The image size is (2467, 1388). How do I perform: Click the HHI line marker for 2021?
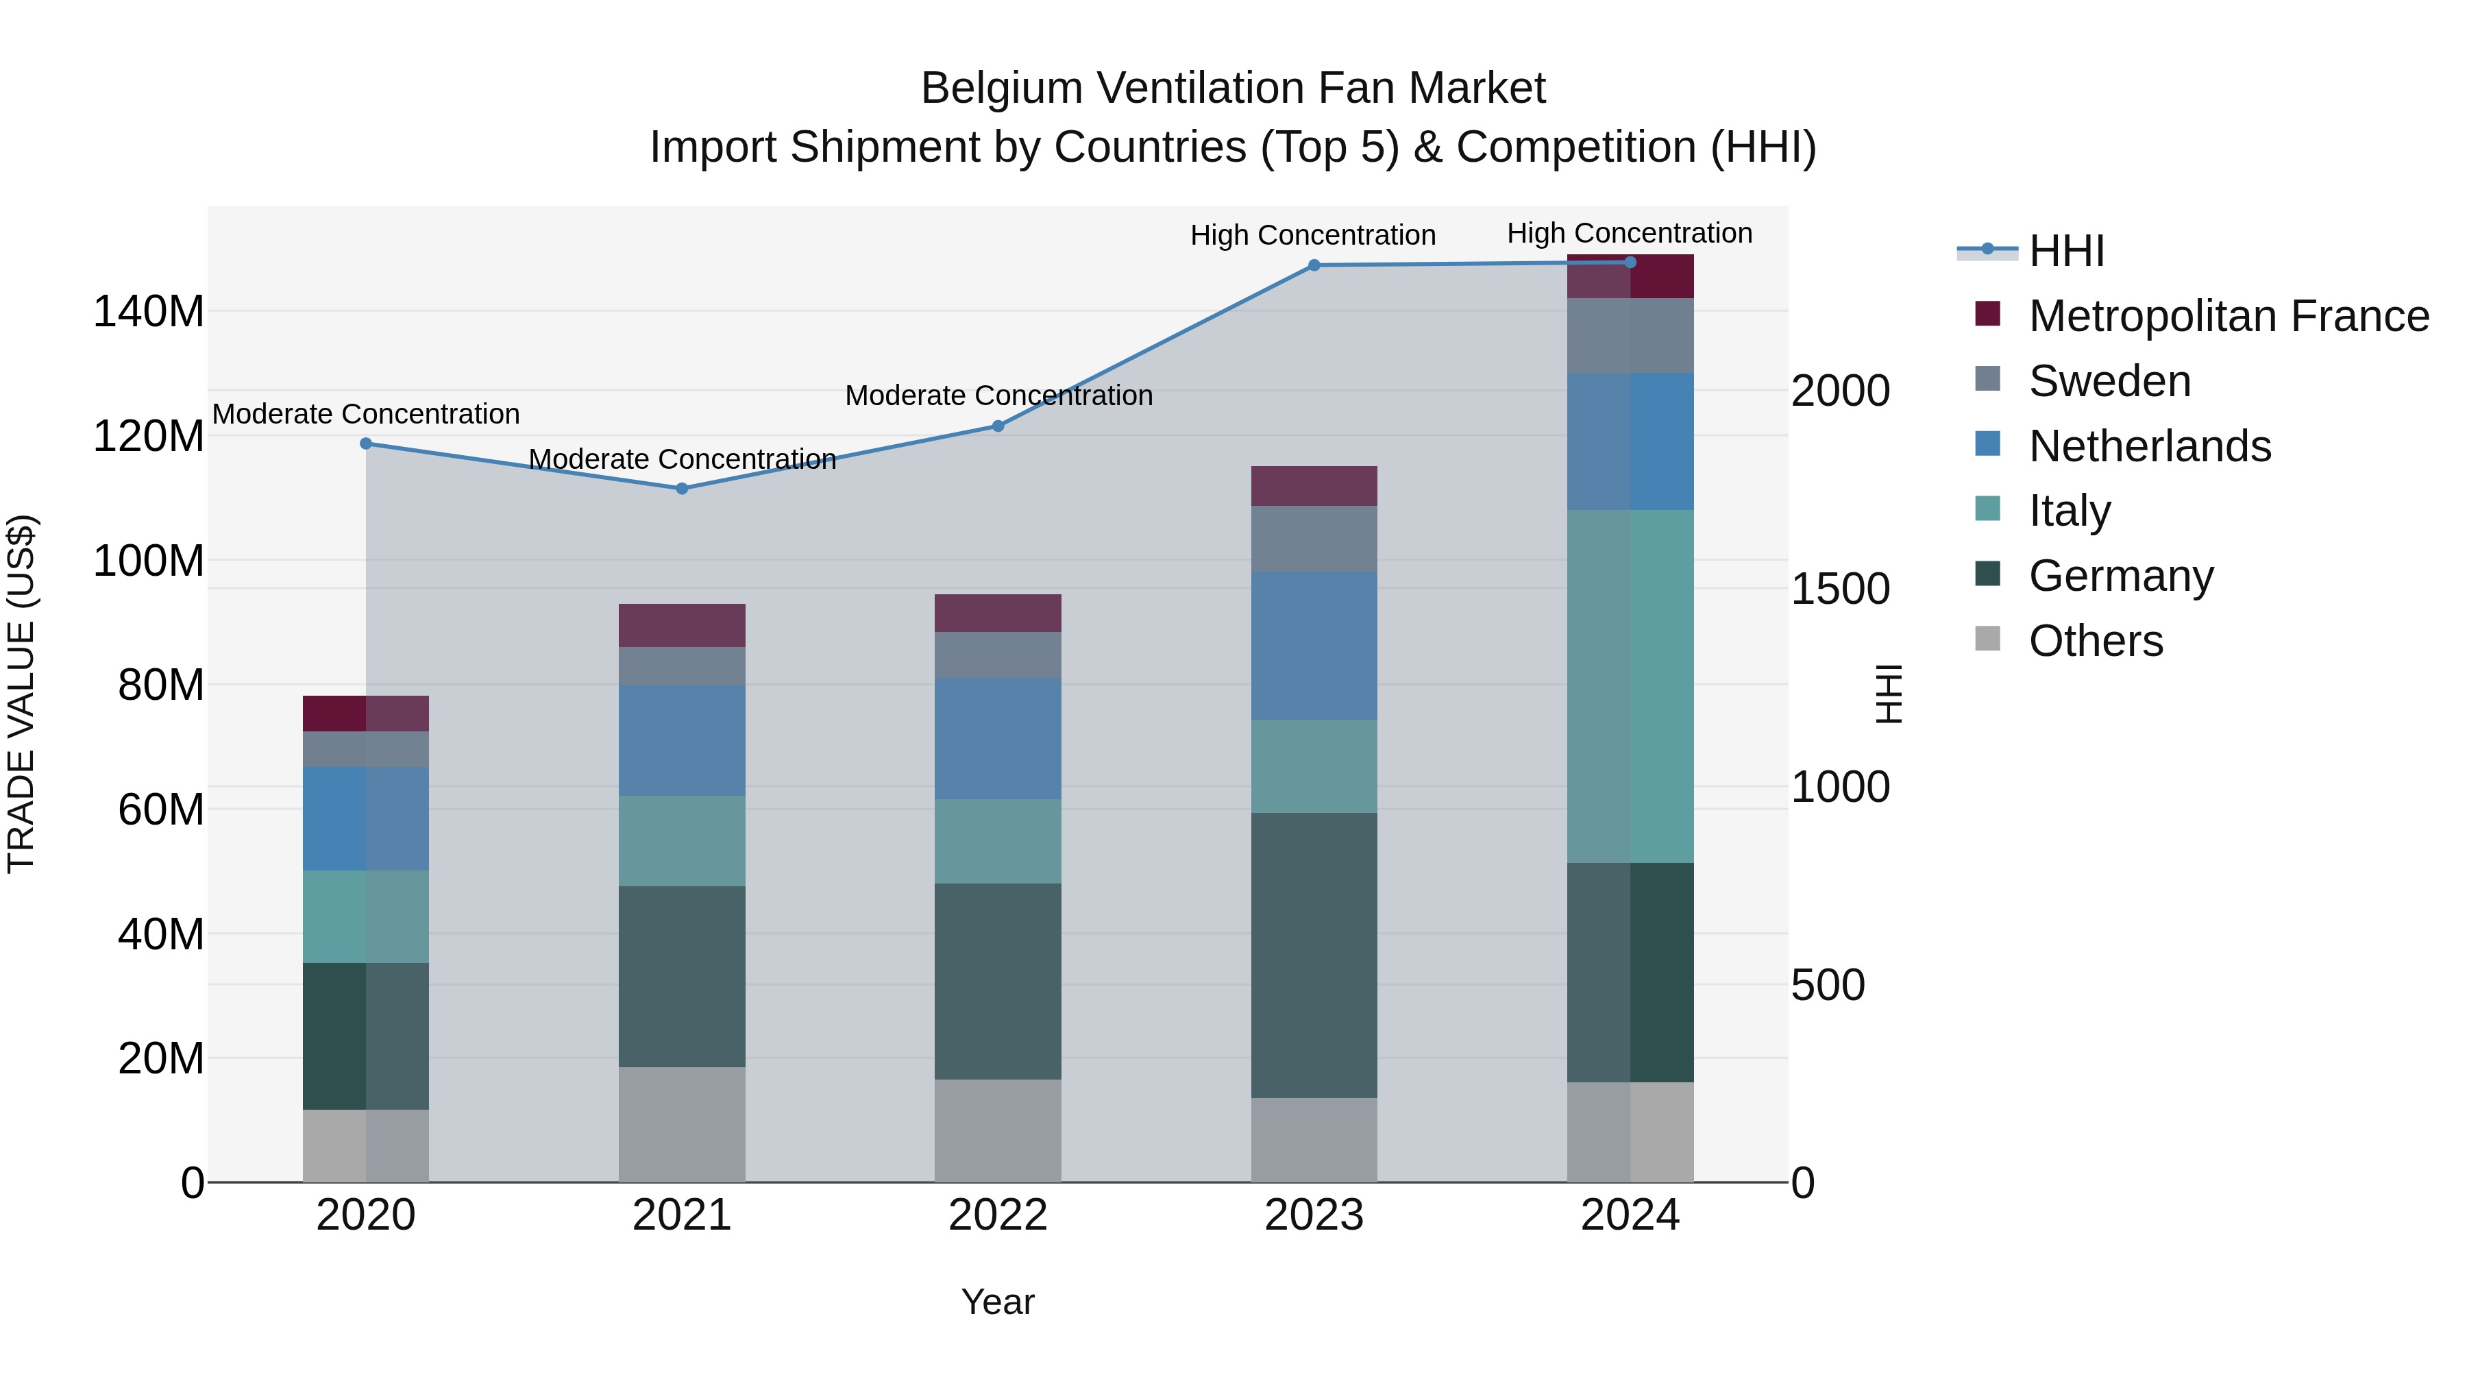(x=682, y=489)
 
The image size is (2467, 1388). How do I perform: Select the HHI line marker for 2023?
(x=1314, y=265)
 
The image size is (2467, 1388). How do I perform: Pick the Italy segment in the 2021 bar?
(x=682, y=840)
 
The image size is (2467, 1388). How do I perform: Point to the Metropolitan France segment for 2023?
(x=1314, y=486)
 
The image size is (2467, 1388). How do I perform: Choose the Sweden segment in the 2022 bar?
(x=998, y=655)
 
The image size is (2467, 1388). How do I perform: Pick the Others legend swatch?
(x=1987, y=639)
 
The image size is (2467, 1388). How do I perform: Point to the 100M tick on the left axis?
(x=149, y=561)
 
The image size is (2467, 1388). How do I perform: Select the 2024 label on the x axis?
(x=1630, y=1215)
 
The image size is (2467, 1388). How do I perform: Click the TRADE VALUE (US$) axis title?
(x=21, y=694)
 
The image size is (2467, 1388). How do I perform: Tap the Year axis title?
(x=998, y=1302)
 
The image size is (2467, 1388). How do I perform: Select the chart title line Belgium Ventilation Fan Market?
(x=1233, y=88)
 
